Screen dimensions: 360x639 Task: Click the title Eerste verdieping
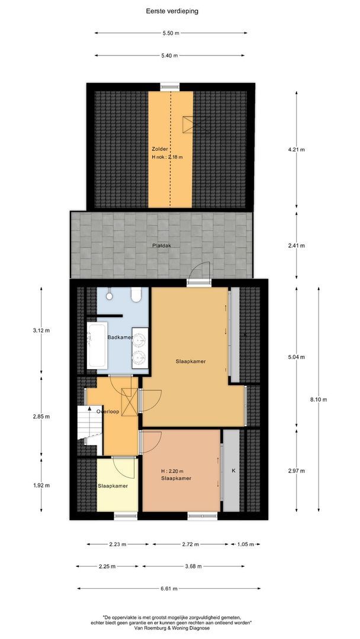pyautogui.click(x=172, y=11)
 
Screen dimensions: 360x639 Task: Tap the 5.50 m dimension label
pyautogui.click(x=171, y=33)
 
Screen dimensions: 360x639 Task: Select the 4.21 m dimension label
pyautogui.click(x=297, y=150)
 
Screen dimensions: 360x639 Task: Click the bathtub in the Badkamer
pyautogui.click(x=97, y=345)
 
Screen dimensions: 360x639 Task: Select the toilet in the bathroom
pyautogui.click(x=136, y=294)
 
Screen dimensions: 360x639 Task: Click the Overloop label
pyautogui.click(x=108, y=412)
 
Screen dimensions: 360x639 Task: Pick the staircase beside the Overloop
pyautogui.click(x=89, y=430)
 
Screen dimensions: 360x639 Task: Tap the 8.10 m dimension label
pyautogui.click(x=319, y=399)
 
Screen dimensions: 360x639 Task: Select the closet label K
pyautogui.click(x=234, y=470)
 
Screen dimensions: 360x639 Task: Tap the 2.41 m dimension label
pyautogui.click(x=297, y=246)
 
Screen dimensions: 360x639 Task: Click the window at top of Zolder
pyautogui.click(x=169, y=86)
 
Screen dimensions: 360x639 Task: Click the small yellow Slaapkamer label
pyautogui.click(x=113, y=486)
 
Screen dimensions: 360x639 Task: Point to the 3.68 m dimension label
pyautogui.click(x=193, y=566)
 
